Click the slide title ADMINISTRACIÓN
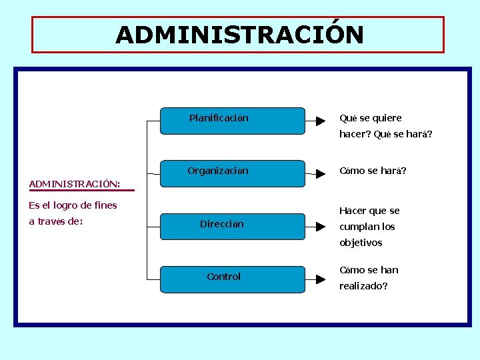pyautogui.click(x=239, y=35)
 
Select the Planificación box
pyautogui.click(x=232, y=121)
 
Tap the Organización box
pyautogui.click(x=232, y=173)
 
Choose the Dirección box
pyautogui.click(x=232, y=226)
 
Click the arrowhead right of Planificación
pyautogui.click(x=320, y=121)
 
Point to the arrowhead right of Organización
pyautogui.click(x=320, y=173)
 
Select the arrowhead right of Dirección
pyautogui.click(x=320, y=226)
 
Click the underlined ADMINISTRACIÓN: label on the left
pyautogui.click(x=75, y=183)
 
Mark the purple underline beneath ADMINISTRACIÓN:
pyautogui.click(x=81, y=191)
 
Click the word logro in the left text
pyautogui.click(x=64, y=205)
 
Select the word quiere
pyautogui.click(x=387, y=119)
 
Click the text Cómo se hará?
pyautogui.click(x=373, y=171)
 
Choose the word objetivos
pyautogui.click(x=361, y=243)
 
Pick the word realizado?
pyautogui.click(x=363, y=286)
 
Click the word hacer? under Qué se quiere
pyautogui.click(x=355, y=134)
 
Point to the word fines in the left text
pyautogui.click(x=105, y=205)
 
